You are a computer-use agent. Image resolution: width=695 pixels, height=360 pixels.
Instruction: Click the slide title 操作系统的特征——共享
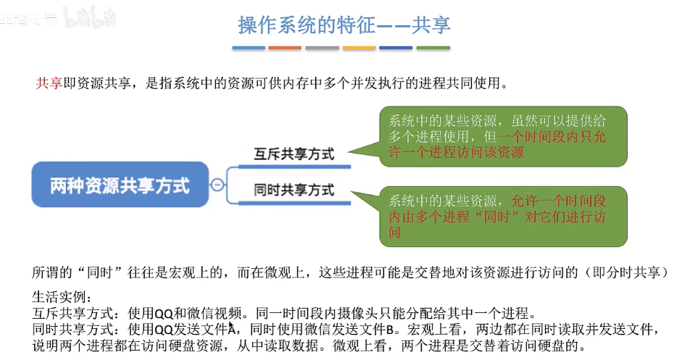click(344, 25)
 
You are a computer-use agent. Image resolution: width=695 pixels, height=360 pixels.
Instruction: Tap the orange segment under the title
click(284, 49)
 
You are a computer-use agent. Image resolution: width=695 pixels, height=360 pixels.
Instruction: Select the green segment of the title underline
click(433, 49)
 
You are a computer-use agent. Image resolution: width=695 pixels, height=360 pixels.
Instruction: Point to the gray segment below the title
click(322, 49)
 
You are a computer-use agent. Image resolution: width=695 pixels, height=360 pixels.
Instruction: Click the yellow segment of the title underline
click(359, 49)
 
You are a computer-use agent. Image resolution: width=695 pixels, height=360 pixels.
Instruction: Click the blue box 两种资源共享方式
click(120, 185)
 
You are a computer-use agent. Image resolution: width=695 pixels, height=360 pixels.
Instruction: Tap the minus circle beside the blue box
click(217, 185)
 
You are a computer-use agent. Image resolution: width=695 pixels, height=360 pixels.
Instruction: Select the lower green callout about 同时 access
click(503, 217)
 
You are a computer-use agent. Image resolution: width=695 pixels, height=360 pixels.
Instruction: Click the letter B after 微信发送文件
click(389, 330)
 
